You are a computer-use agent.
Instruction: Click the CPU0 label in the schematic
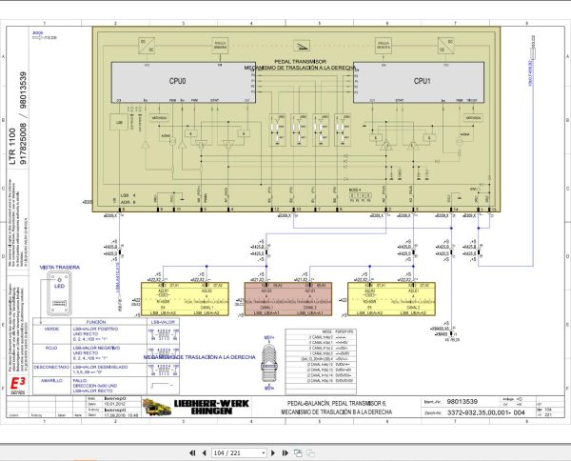tap(177, 82)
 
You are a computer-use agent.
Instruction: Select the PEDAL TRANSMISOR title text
tap(300, 59)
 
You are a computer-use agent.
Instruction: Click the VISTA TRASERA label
tap(58, 269)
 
